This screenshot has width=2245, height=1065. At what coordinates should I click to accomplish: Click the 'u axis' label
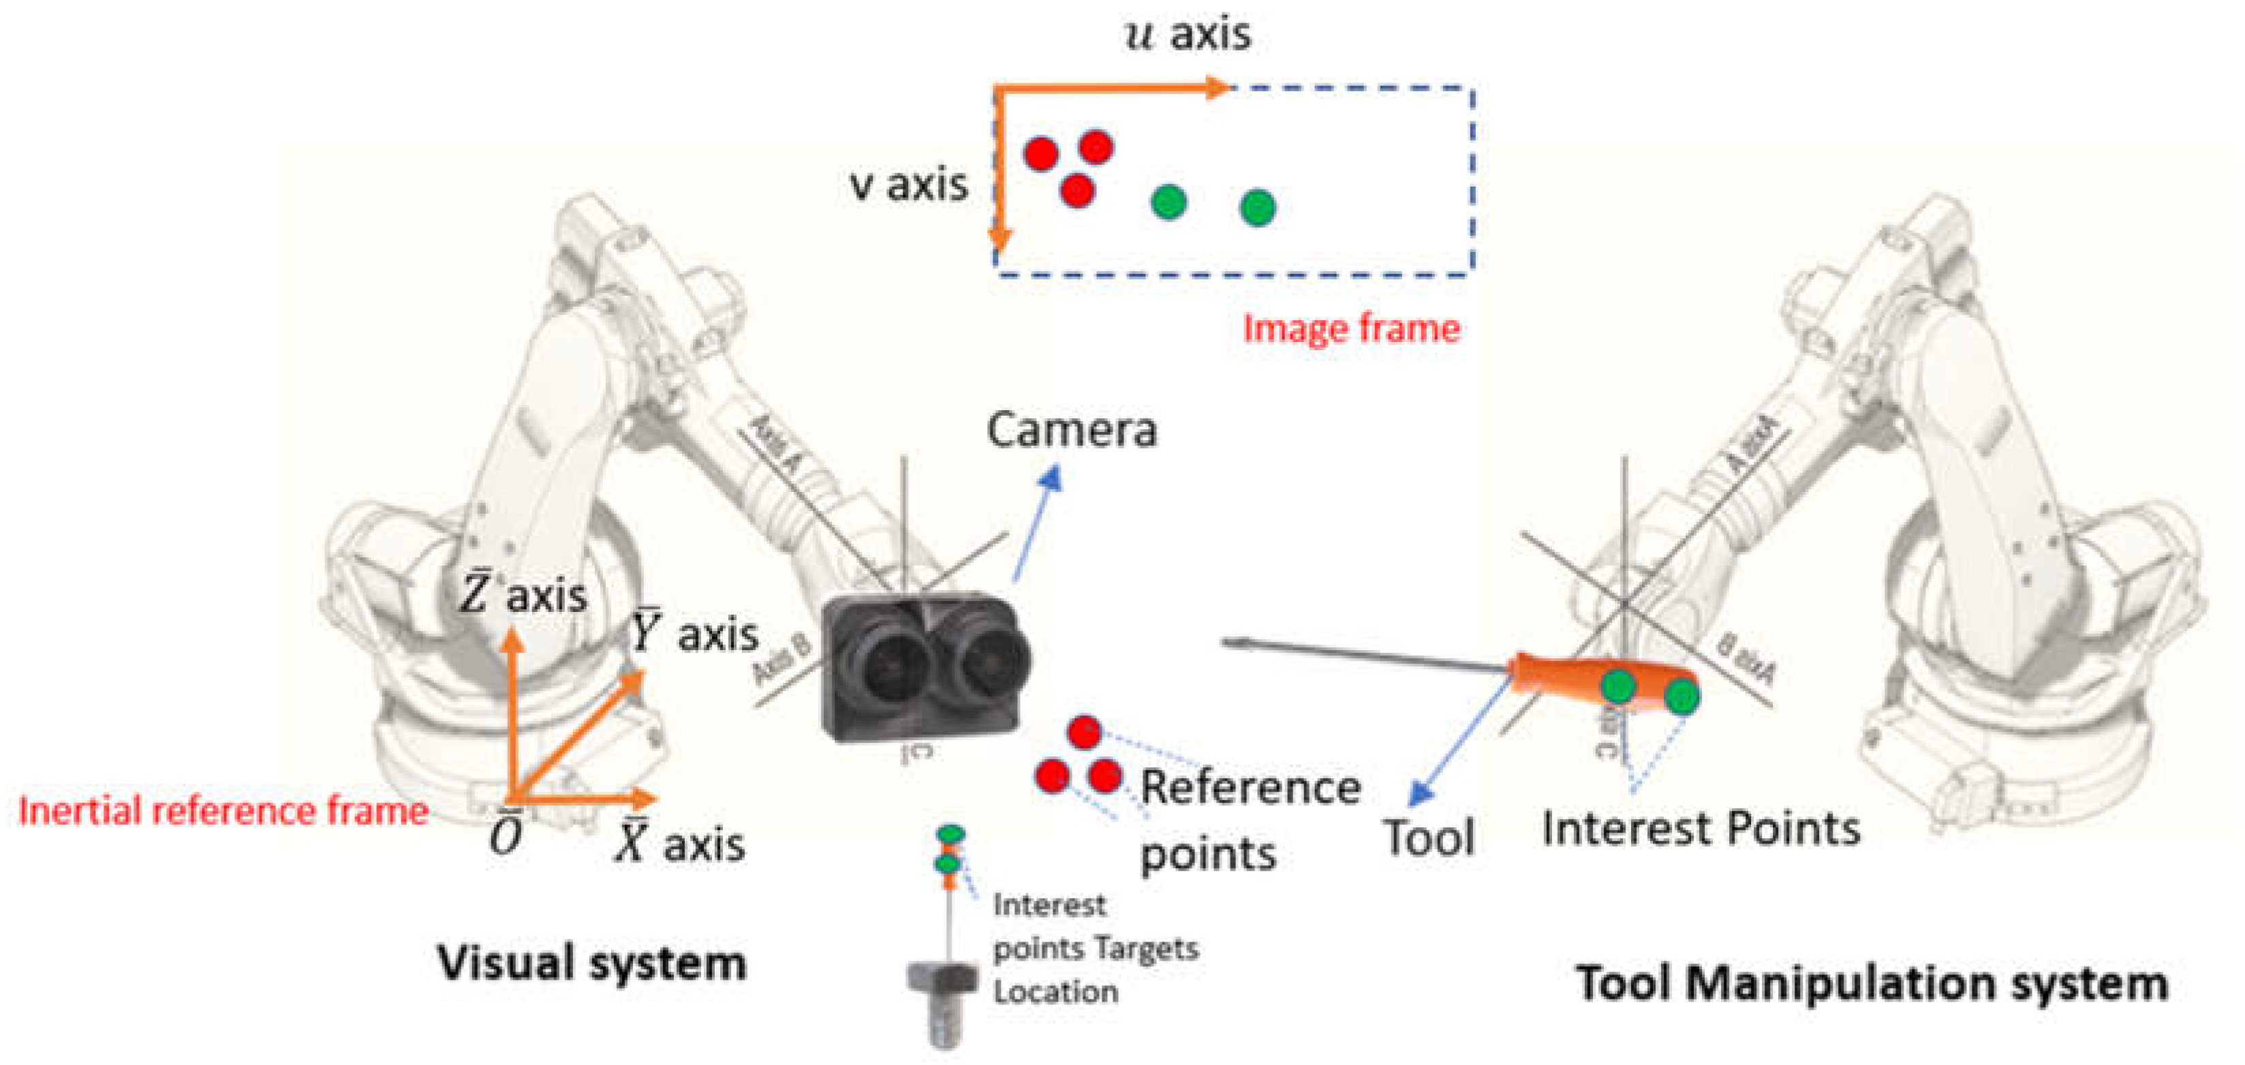[x=1188, y=35]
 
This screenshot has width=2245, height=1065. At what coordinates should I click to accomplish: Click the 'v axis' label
[x=908, y=185]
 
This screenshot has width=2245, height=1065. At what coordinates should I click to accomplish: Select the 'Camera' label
[x=1071, y=430]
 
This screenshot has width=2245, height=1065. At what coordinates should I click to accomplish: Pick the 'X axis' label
[x=681, y=844]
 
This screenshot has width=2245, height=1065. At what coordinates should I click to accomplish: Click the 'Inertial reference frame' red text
[x=223, y=812]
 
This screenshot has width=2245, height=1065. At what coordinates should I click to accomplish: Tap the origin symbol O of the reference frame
[x=506, y=837]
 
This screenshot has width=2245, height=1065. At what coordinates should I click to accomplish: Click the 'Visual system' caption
[x=592, y=964]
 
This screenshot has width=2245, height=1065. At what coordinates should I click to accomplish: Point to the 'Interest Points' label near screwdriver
[x=1701, y=828]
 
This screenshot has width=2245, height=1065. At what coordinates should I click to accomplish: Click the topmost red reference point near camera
[x=1084, y=732]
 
